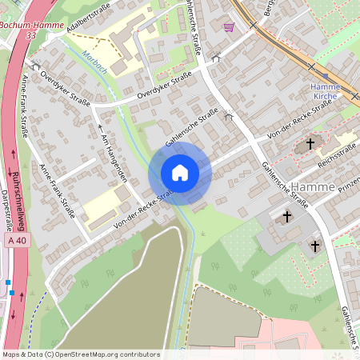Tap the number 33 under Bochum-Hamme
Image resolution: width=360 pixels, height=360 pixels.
(30, 36)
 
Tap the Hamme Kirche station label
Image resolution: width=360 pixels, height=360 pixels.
(325, 90)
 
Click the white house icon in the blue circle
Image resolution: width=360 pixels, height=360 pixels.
(180, 173)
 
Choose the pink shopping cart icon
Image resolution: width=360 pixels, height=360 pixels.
(230, 26)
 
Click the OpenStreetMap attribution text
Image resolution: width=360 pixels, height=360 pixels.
(81, 354)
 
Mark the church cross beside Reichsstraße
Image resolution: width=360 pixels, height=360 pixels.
(311, 144)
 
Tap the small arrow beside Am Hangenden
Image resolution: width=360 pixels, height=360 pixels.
(100, 126)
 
